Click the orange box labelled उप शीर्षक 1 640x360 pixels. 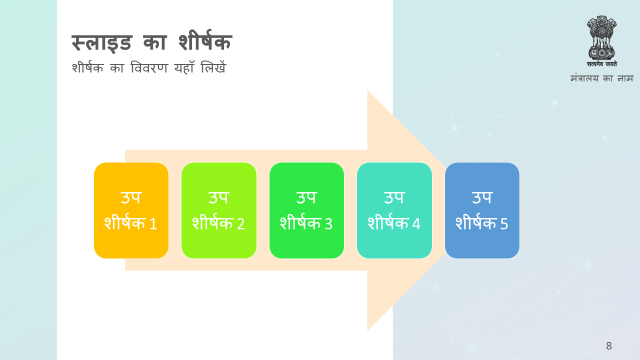pyautogui.click(x=131, y=210)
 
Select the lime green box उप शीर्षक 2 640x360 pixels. pyautogui.click(x=219, y=210)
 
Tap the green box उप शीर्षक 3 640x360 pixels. pyautogui.click(x=306, y=210)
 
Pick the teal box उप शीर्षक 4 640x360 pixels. pyautogui.click(x=394, y=210)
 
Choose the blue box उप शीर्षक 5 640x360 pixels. pyautogui.click(x=482, y=210)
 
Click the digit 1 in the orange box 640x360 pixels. pyautogui.click(x=153, y=223)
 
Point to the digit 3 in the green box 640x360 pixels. pyautogui.click(x=328, y=223)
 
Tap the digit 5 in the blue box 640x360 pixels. pyautogui.click(x=504, y=223)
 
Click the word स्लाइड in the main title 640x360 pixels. pyautogui.click(x=101, y=43)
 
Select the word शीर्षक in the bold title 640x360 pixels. pyautogui.click(x=205, y=41)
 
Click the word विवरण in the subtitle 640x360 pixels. pyautogui.click(x=149, y=68)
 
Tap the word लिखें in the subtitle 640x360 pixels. pyautogui.click(x=213, y=67)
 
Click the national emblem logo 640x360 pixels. pyautogui.click(x=601, y=37)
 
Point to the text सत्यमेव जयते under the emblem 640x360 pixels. pyautogui.click(x=602, y=64)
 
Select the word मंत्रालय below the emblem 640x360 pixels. pyautogui.click(x=584, y=78)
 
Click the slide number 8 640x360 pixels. pyautogui.click(x=609, y=345)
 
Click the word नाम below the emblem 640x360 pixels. pyautogui.click(x=625, y=78)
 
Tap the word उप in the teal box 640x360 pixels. pyautogui.click(x=394, y=197)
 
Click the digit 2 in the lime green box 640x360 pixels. pyautogui.click(x=241, y=223)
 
